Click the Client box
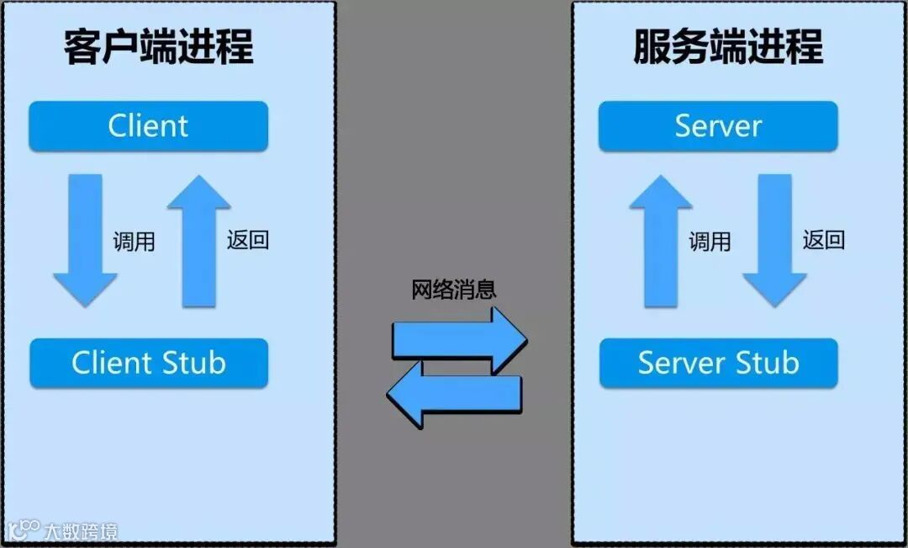point(148,126)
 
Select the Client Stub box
point(148,363)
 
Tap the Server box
point(718,126)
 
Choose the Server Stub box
point(718,363)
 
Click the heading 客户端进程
point(158,47)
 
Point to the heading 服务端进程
point(728,47)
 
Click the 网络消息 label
point(454,290)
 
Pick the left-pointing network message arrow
point(454,392)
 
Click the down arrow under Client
point(85,240)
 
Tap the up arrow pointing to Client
point(198,240)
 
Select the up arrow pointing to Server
point(661,240)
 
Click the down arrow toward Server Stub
point(774,240)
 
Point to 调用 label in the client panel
point(135,242)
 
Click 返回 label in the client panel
point(248,240)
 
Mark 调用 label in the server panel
point(710,242)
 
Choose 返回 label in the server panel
point(824,240)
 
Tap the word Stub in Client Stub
point(195,363)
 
